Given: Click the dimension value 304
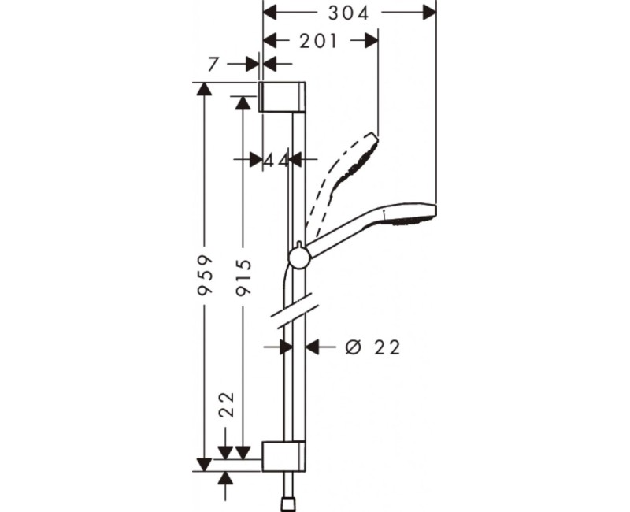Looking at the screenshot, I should (x=348, y=13).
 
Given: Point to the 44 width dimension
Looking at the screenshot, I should (x=276, y=159).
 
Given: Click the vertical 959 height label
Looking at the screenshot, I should (x=204, y=275).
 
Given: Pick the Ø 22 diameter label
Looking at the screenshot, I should (x=372, y=347).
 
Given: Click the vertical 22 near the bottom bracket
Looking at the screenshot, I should (x=227, y=405).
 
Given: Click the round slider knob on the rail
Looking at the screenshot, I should (x=298, y=257).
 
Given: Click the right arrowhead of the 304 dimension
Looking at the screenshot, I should (x=428, y=13).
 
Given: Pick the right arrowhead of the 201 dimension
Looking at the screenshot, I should (x=371, y=41).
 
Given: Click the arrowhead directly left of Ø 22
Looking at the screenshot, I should (x=313, y=347).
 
